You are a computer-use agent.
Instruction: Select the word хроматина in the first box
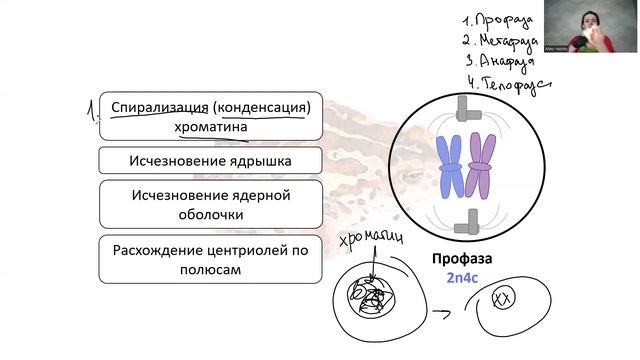tap(210, 128)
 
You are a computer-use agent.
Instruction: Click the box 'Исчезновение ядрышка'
tap(210, 160)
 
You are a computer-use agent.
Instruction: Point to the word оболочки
tap(210, 213)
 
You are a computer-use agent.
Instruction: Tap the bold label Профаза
tap(462, 259)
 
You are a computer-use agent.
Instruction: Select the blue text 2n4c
tap(462, 279)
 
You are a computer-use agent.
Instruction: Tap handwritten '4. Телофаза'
tap(506, 82)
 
